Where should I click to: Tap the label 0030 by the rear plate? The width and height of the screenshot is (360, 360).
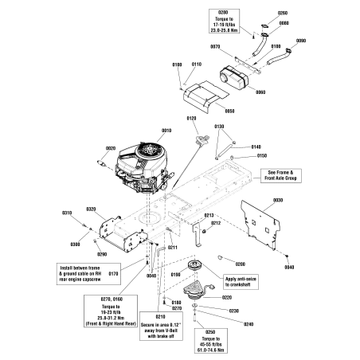(278, 200)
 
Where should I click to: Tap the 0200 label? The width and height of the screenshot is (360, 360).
(240, 263)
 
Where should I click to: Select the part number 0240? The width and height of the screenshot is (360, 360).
(248, 324)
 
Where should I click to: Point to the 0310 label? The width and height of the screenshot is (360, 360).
(67, 213)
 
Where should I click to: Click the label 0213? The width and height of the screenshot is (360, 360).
(209, 215)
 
